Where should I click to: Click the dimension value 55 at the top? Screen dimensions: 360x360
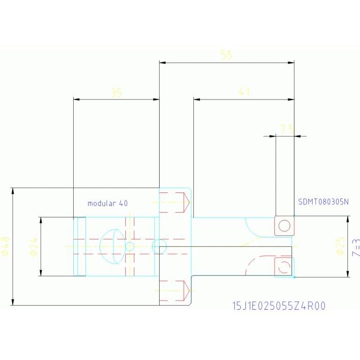point(227,55)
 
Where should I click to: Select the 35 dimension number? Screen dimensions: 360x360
point(116,93)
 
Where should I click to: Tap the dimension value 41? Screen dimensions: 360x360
point(244,92)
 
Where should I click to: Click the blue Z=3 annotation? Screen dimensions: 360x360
point(356,247)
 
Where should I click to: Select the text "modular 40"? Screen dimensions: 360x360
point(107,203)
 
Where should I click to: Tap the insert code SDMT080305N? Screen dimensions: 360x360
point(323,202)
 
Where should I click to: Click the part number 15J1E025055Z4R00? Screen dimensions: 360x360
point(279,306)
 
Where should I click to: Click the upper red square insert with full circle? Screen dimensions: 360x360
point(284,226)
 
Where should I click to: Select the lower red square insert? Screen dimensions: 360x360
point(283,266)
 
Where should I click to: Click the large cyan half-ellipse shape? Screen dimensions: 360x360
point(113,246)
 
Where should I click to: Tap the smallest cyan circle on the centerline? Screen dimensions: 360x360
point(130,246)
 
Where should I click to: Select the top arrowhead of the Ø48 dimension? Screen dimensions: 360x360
point(13,191)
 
